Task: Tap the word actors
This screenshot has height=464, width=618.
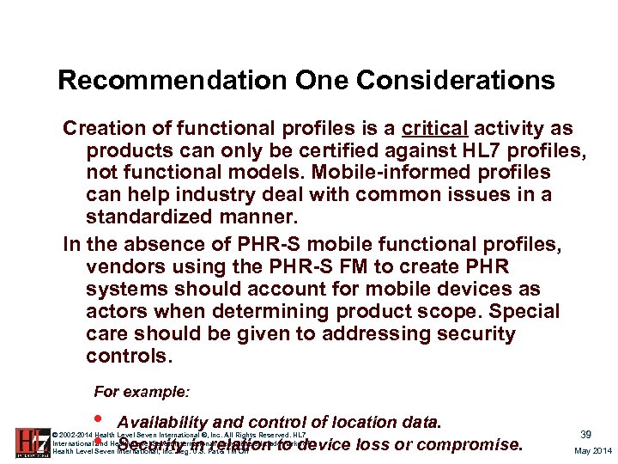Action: point(116,311)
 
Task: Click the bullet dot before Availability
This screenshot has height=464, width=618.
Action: point(100,419)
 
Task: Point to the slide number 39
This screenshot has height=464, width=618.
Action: point(585,435)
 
